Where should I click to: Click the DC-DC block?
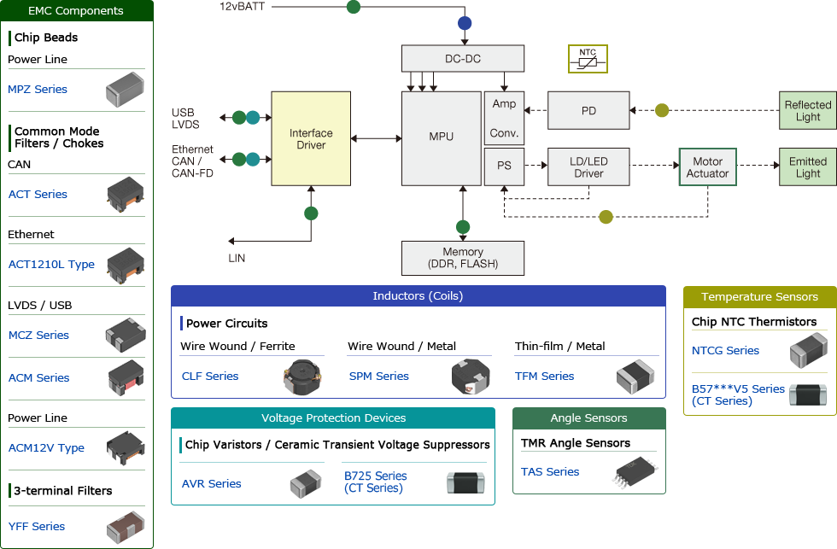[462, 59]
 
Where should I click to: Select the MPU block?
[441, 137]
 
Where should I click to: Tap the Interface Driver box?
[311, 139]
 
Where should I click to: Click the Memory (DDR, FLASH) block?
[462, 258]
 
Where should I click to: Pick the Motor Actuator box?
[707, 167]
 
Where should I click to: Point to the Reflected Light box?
[807, 111]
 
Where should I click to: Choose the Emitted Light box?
[807, 167]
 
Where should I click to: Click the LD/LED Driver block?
[588, 167]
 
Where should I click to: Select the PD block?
[588, 111]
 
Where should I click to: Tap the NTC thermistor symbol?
[588, 59]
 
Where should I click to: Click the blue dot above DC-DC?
[464, 23]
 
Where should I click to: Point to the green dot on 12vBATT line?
[353, 7]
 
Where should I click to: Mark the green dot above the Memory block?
[462, 227]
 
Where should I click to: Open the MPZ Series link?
[38, 90]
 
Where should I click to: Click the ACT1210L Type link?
[51, 265]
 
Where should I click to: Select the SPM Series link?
[379, 377]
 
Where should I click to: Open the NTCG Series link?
[725, 351]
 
